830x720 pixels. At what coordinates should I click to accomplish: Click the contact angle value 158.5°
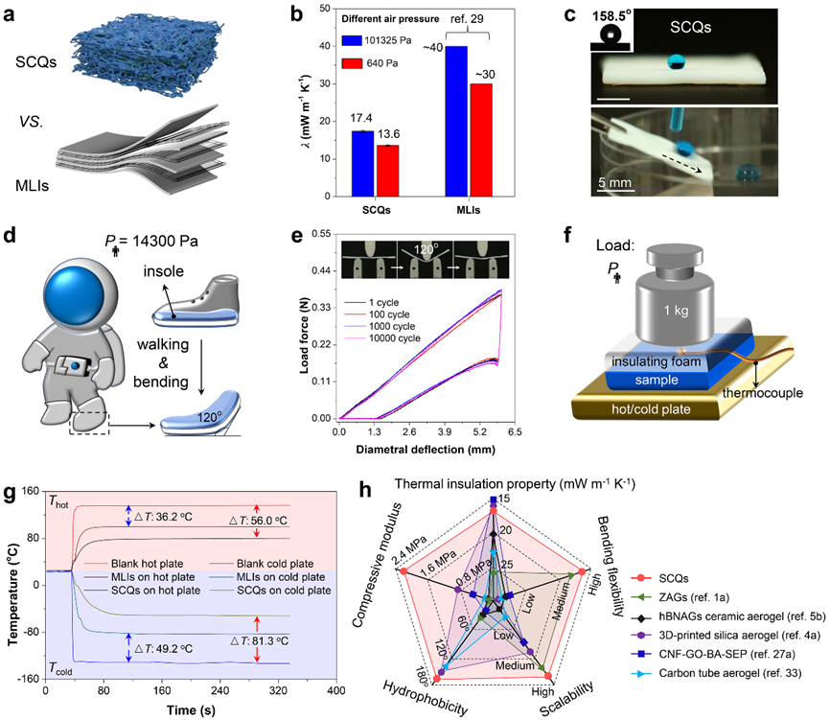624,16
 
